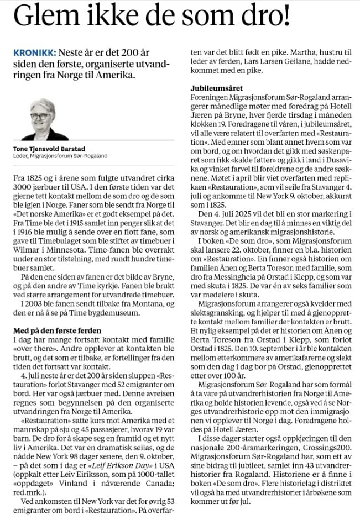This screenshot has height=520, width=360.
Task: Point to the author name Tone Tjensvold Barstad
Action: [x=49, y=149]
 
